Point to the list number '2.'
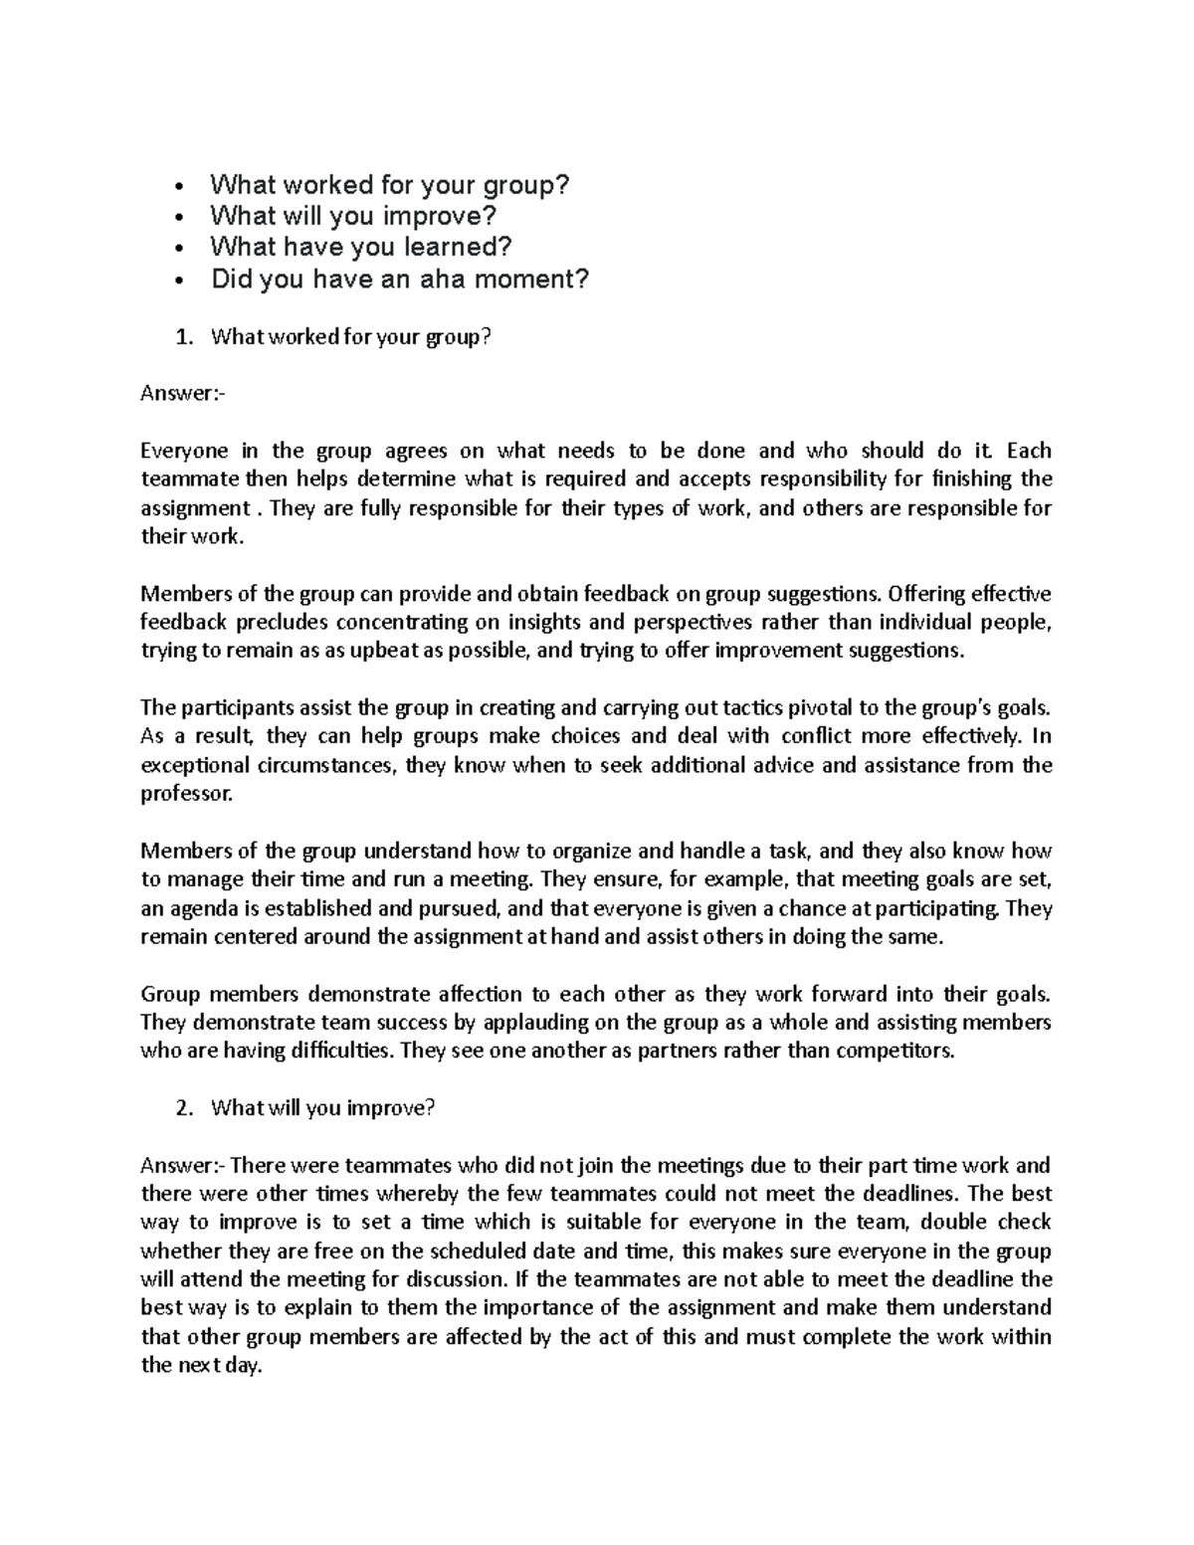[181, 1108]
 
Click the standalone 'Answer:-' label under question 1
[184, 394]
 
